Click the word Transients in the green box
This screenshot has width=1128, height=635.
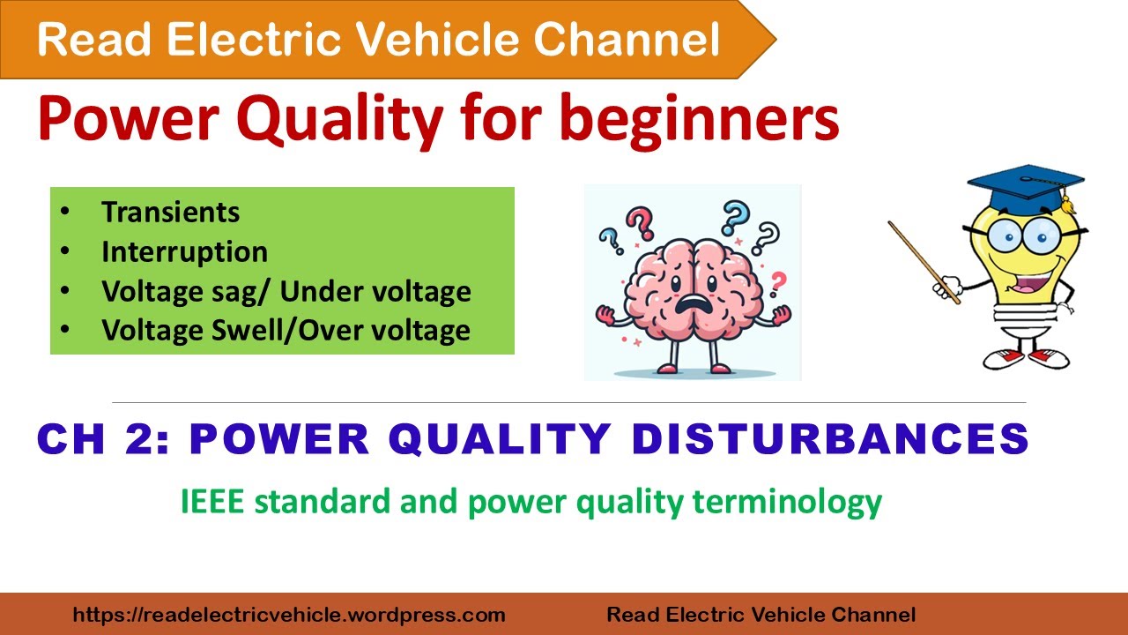pos(170,213)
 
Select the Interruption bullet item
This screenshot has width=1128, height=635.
pos(184,252)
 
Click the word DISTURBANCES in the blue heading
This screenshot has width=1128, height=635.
pos(832,438)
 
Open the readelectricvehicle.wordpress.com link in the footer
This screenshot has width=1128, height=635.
pos(288,615)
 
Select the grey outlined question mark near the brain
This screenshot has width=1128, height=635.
pos(767,236)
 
